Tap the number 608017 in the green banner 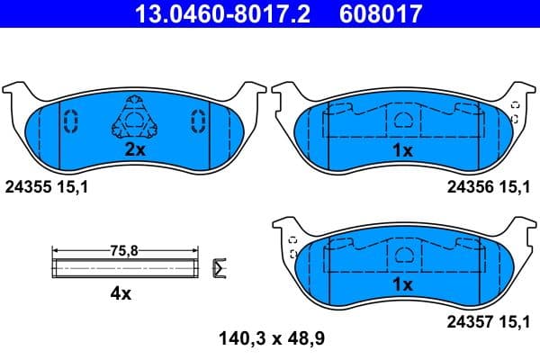click(380, 14)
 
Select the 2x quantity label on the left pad click(135, 150)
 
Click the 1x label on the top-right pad click(403, 151)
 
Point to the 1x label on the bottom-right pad click(403, 284)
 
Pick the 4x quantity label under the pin click(121, 293)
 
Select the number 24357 click(468, 319)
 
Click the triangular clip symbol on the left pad click(133, 120)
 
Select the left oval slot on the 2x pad click(73, 120)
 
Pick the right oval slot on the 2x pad click(196, 120)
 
